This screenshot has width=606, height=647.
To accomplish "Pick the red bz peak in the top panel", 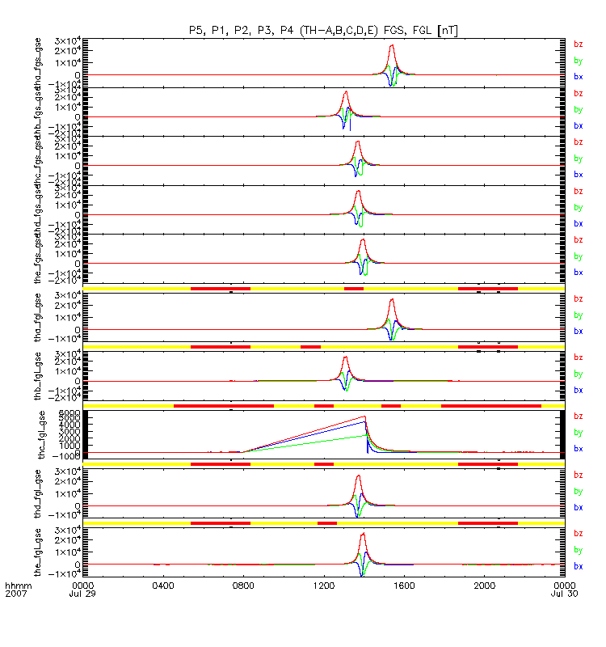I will click(x=392, y=45).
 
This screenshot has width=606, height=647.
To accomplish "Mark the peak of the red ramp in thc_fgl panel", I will click(x=365, y=417).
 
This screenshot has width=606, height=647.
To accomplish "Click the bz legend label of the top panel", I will click(x=578, y=44).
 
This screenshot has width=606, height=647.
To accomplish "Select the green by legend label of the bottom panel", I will click(x=578, y=550).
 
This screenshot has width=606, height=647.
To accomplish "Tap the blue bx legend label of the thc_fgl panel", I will click(x=578, y=448).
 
